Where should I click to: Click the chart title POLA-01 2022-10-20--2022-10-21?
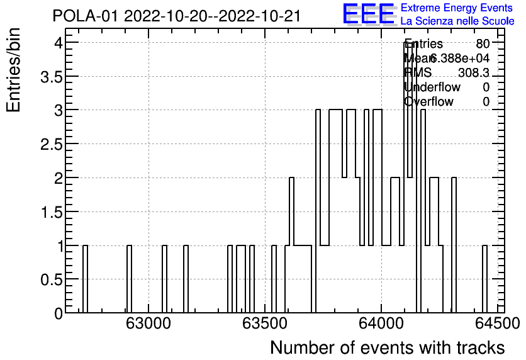(177, 16)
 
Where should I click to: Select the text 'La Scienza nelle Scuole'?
(457, 21)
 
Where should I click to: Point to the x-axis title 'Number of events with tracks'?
(387, 347)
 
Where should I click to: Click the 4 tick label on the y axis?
(57, 43)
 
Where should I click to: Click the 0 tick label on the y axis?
(57, 313)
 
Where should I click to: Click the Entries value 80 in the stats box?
(483, 44)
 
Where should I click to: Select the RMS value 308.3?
(473, 73)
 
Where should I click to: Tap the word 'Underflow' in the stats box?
(432, 87)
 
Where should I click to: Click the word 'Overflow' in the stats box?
(428, 102)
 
